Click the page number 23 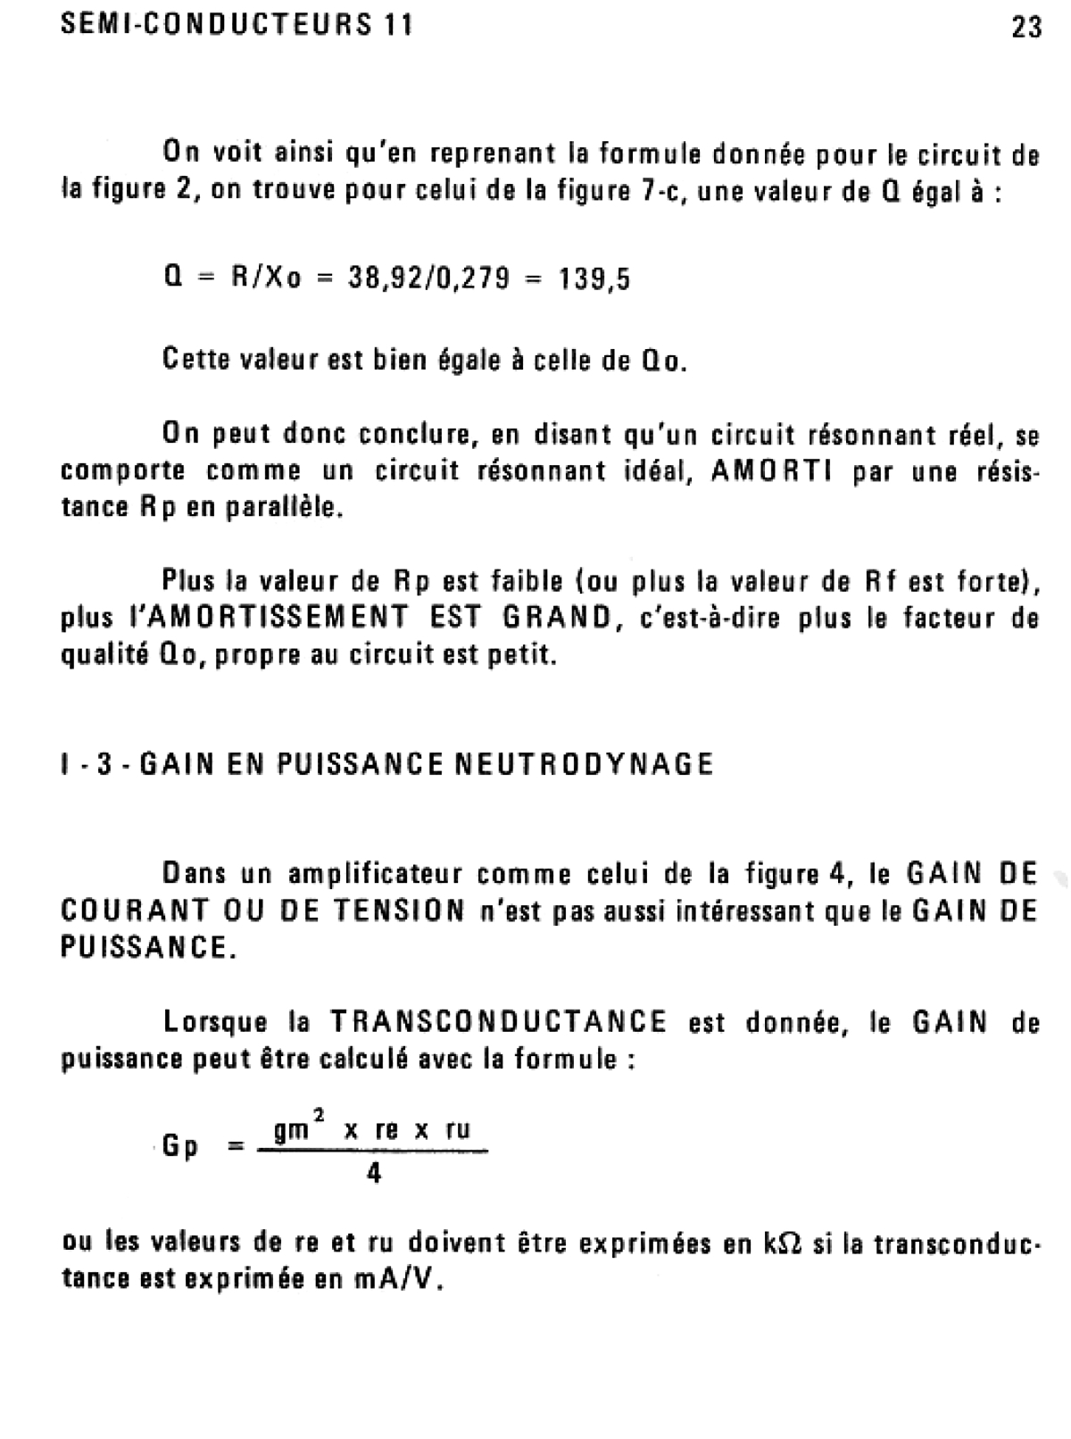click(x=1026, y=27)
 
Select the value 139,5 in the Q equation click(x=594, y=279)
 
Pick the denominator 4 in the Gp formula click(x=374, y=1175)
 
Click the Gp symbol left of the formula click(x=180, y=1147)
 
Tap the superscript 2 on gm click(x=319, y=1113)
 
